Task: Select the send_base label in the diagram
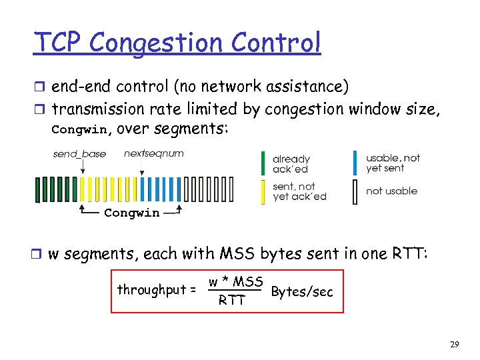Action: point(79,154)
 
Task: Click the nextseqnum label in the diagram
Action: point(154,153)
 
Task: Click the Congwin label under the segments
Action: point(131,213)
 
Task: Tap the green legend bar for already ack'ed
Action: point(263,164)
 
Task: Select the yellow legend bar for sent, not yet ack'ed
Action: point(263,191)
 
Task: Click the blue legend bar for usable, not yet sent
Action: point(355,163)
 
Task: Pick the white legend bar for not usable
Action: point(355,191)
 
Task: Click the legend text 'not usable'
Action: point(391,191)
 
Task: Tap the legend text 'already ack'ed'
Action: point(291,164)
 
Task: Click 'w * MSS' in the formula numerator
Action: point(236,281)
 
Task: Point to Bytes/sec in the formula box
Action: point(302,292)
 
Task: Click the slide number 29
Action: point(454,345)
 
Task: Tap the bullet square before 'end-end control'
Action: point(39,87)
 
